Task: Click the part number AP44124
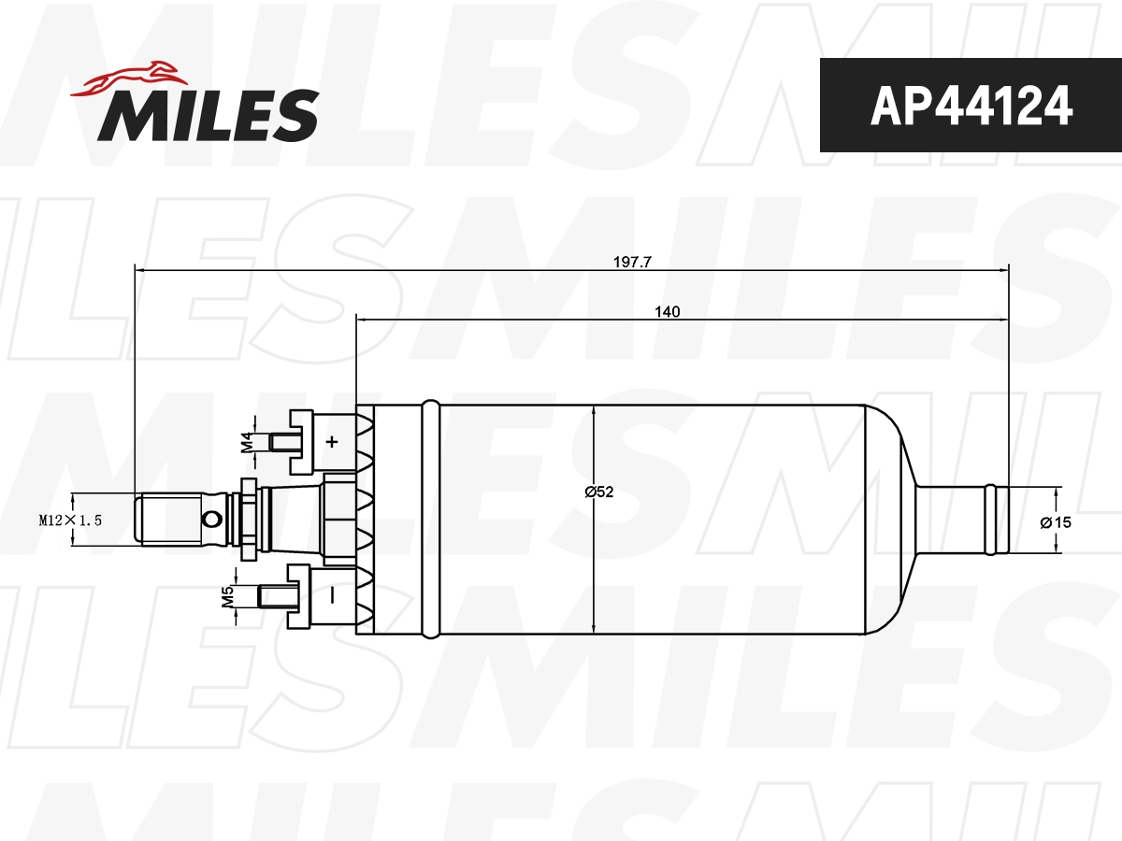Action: pyautogui.click(x=971, y=107)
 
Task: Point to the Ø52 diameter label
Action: pyautogui.click(x=599, y=492)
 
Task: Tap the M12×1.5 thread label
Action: pyautogui.click(x=69, y=520)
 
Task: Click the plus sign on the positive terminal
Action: pyautogui.click(x=331, y=441)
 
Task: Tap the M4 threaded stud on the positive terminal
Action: pyautogui.click(x=279, y=441)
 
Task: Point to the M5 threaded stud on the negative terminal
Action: pyautogui.click(x=273, y=596)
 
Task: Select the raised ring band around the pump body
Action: pyautogui.click(x=430, y=520)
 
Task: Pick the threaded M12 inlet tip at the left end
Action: pyautogui.click(x=168, y=520)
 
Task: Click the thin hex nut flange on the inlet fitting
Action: pyautogui.click(x=249, y=520)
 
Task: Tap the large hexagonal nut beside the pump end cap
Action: pyautogui.click(x=339, y=520)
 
